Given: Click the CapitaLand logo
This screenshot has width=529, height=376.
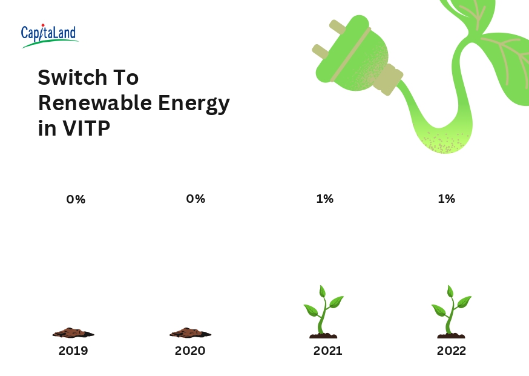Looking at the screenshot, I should click(x=49, y=35).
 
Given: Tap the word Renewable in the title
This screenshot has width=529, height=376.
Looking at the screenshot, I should click(x=94, y=103).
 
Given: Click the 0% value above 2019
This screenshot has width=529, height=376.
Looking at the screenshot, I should click(x=76, y=199).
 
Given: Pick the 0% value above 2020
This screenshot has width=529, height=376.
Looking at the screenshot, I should click(x=195, y=199).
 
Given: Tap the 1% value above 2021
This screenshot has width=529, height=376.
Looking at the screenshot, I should click(x=324, y=199).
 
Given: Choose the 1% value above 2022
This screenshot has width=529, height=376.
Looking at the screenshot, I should click(x=446, y=199).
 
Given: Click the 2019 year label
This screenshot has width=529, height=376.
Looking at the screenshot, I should click(x=73, y=351).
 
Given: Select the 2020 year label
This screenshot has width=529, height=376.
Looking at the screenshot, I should click(x=190, y=351).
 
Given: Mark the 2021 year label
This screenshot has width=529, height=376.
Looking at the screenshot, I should click(x=327, y=351).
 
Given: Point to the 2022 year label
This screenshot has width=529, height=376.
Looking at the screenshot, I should click(x=452, y=351).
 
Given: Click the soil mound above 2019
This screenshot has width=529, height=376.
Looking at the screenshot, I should click(x=73, y=332).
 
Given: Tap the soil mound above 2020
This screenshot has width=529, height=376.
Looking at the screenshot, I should click(x=190, y=332).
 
